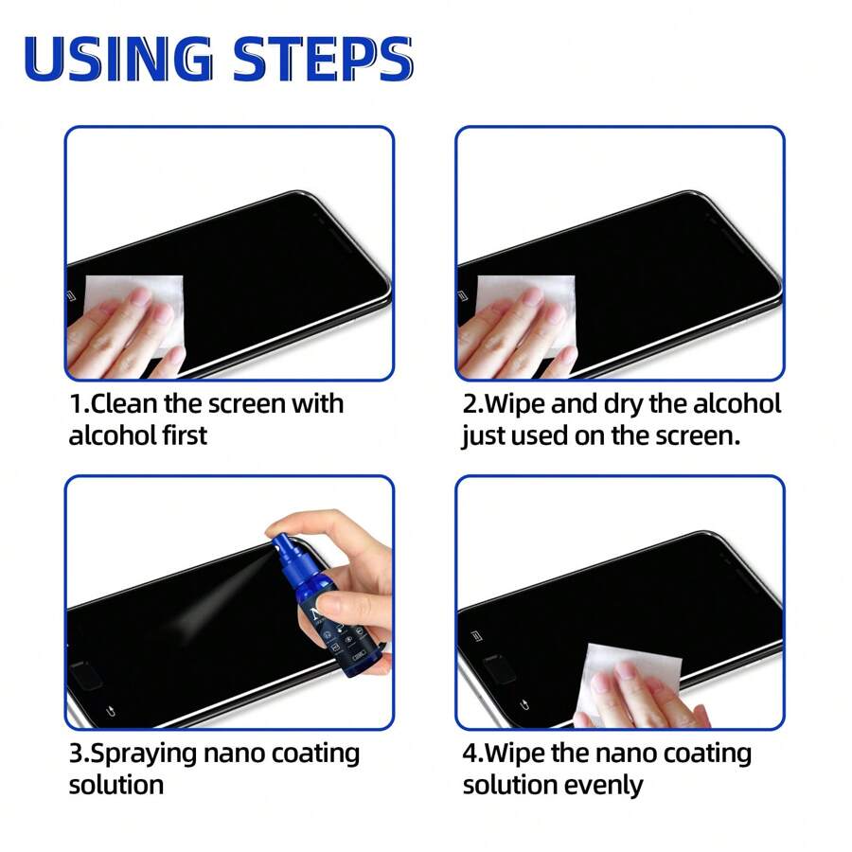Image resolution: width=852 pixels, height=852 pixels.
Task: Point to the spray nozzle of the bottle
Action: [281, 546]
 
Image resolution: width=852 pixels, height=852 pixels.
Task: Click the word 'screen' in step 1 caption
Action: [241, 404]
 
